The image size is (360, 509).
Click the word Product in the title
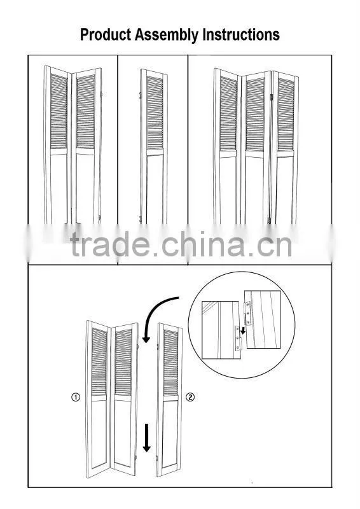pyautogui.click(x=106, y=34)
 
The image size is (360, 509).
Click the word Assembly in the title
pyautogui.click(x=167, y=35)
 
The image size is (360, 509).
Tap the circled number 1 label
pyautogui.click(x=75, y=397)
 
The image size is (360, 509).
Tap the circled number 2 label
pyautogui.click(x=190, y=397)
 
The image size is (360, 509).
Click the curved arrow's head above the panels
pyautogui.click(x=146, y=338)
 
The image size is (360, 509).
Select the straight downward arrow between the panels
pyautogui.click(x=147, y=438)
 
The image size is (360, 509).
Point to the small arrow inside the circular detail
pyautogui.click(x=242, y=331)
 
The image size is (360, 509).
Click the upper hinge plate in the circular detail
pyautogui.click(x=248, y=313)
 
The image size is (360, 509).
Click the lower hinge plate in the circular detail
pyautogui.click(x=239, y=338)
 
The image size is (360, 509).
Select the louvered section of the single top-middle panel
pyautogui.click(x=155, y=113)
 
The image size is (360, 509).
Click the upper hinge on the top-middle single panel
pyautogui.click(x=140, y=95)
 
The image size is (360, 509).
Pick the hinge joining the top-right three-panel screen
pyautogui.click(x=272, y=97)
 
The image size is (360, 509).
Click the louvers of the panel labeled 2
pyautogui.click(x=170, y=363)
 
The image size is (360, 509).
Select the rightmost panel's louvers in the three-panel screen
pyautogui.click(x=286, y=115)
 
